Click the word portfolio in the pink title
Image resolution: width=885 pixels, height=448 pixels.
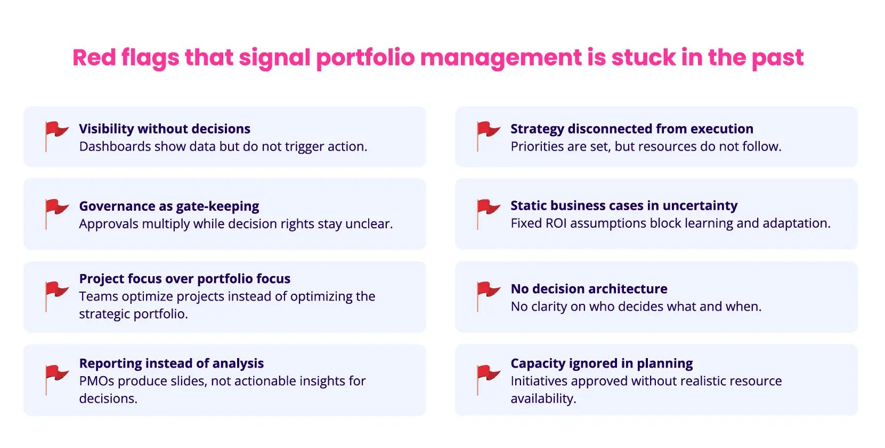(x=365, y=58)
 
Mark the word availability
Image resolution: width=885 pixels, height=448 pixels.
(x=543, y=399)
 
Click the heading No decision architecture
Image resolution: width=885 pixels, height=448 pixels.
(x=589, y=289)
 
